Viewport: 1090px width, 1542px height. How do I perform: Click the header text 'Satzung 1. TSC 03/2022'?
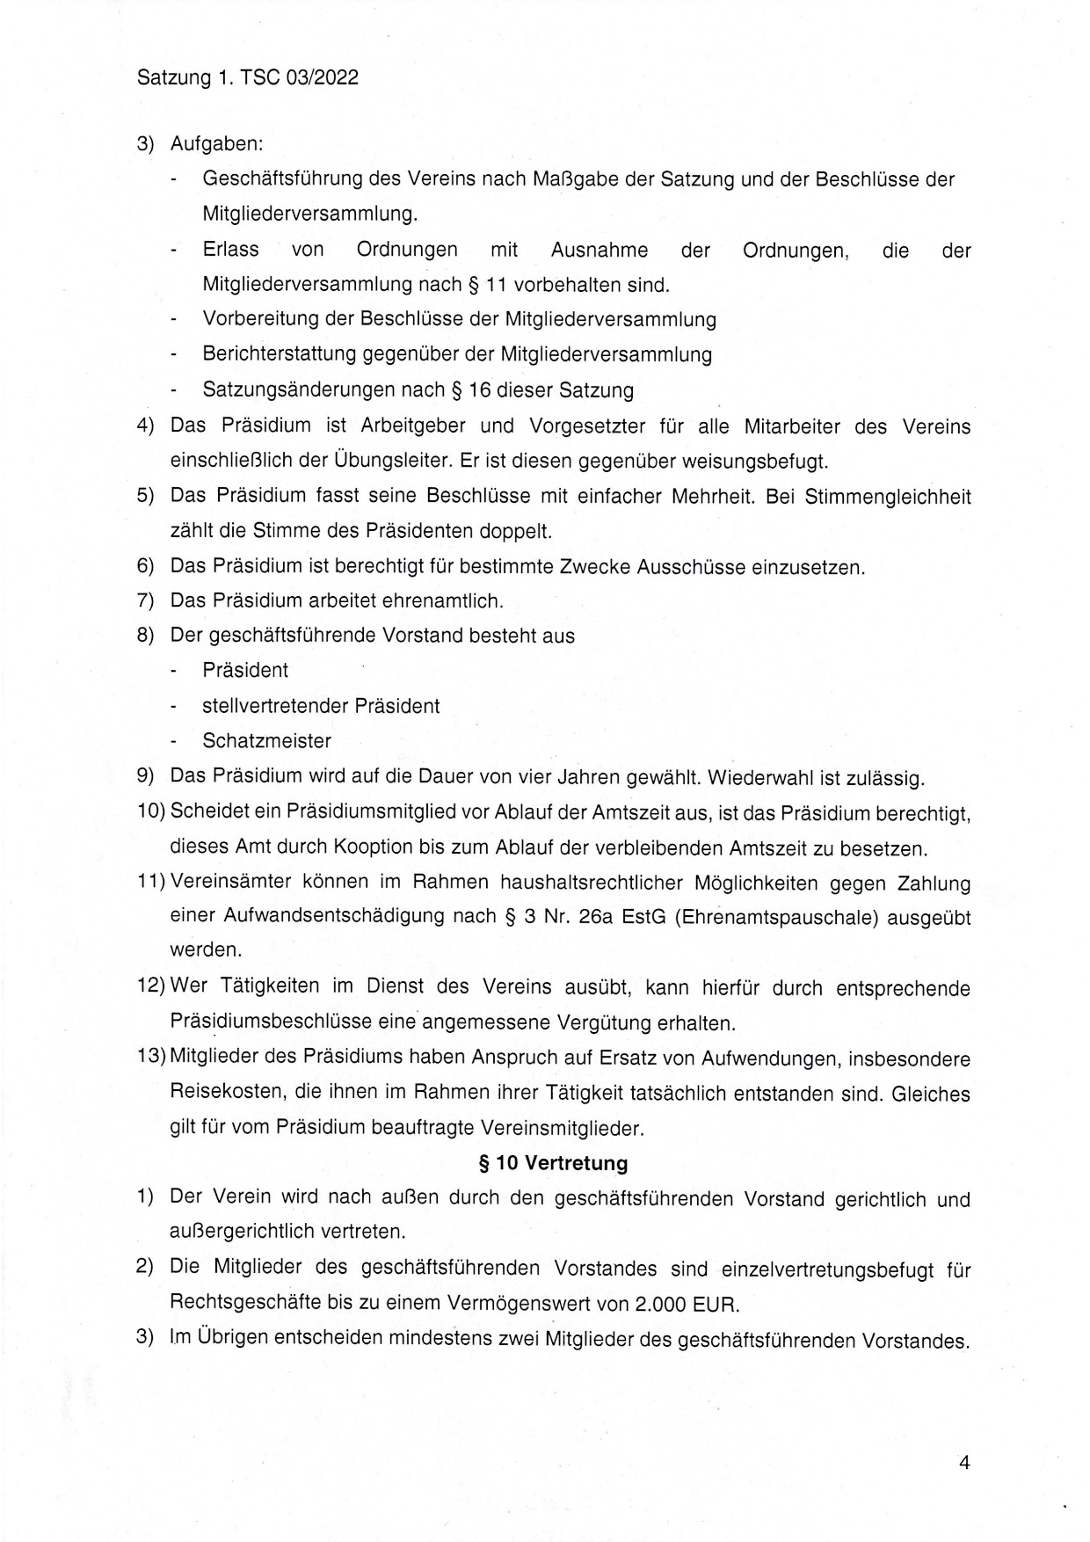pos(248,77)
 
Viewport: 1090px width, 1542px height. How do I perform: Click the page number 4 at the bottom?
pos(964,1463)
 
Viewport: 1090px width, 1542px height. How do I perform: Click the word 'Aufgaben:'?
pos(217,143)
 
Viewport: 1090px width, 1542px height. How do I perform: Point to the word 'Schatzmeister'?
pos(266,741)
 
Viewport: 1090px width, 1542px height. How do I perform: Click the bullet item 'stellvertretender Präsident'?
pos(321,706)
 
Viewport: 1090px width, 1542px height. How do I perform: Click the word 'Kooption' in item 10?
pos(372,847)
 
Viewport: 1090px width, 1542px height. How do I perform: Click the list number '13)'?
pos(151,1057)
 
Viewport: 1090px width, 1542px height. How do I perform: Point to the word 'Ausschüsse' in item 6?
pos(696,567)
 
